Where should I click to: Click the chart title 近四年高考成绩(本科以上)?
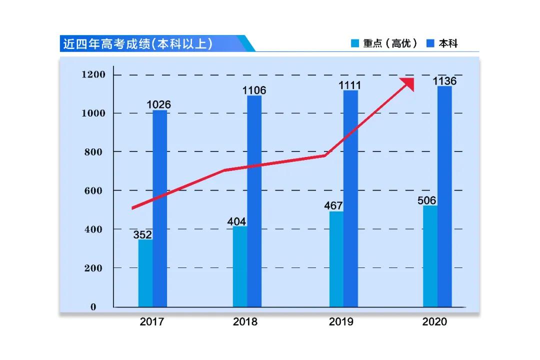pyautogui.click(x=137, y=43)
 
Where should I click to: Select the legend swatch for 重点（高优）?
pyautogui.click(x=355, y=43)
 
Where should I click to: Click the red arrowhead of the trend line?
pyautogui.click(x=407, y=84)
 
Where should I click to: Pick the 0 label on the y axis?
pyautogui.click(x=93, y=307)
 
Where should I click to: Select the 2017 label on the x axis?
pyautogui.click(x=151, y=321)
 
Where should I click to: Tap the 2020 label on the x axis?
pyautogui.click(x=434, y=321)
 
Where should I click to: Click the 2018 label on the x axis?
pyautogui.click(x=245, y=321)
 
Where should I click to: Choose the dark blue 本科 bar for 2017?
pyautogui.click(x=160, y=210)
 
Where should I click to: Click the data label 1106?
pyautogui.click(x=254, y=90)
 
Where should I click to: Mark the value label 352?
pyautogui.click(x=142, y=234)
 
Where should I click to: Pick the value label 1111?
pyautogui.click(x=349, y=85)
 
